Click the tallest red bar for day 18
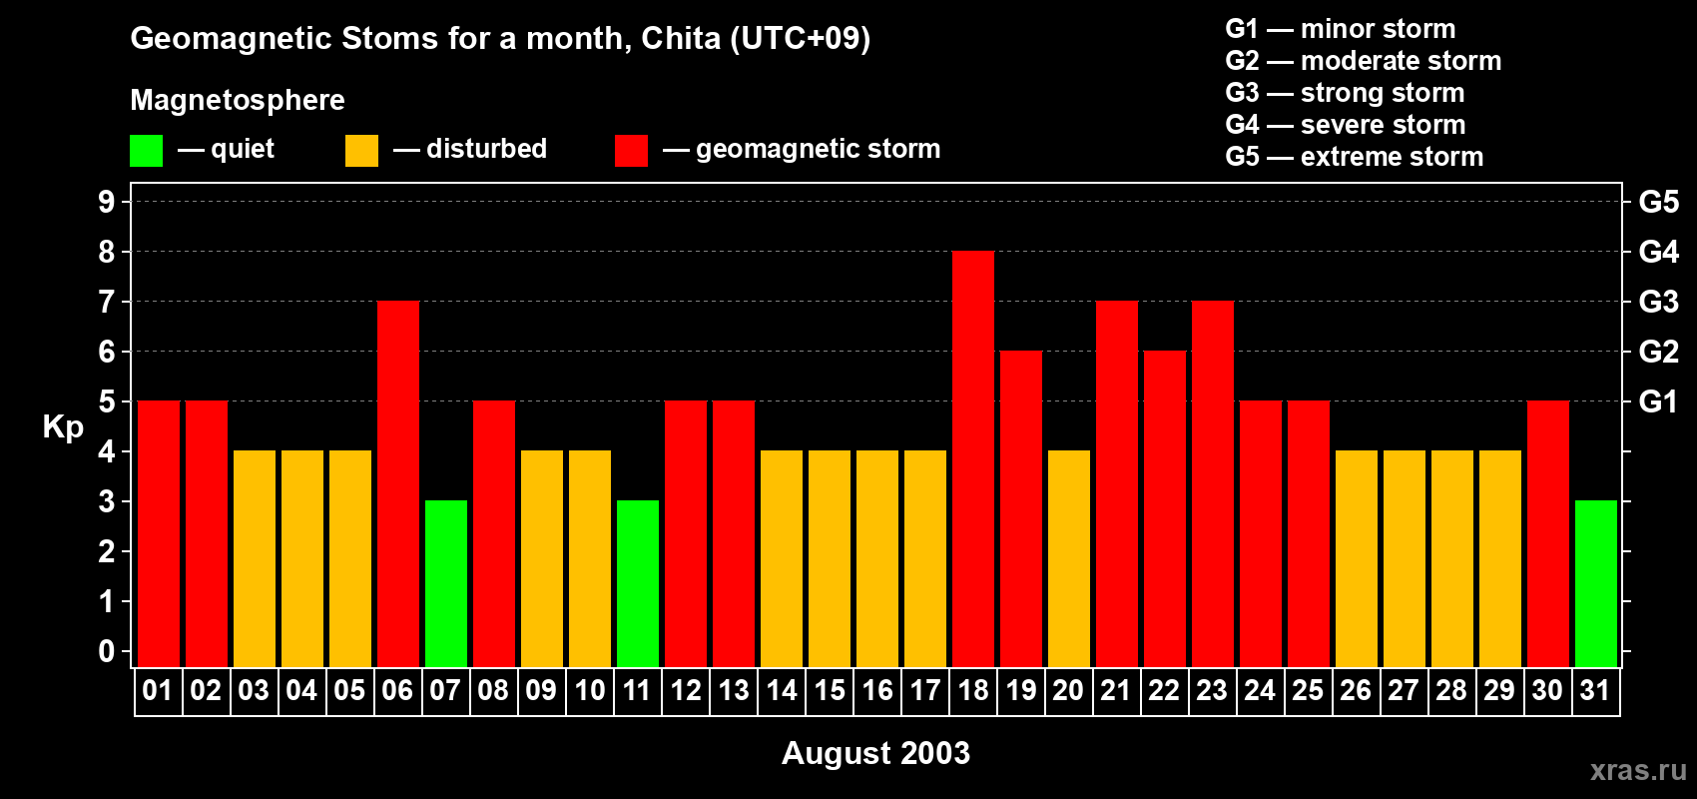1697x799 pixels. pos(973,459)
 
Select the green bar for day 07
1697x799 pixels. pos(446,584)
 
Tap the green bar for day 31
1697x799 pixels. pos(1596,584)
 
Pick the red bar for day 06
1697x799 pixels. pos(398,484)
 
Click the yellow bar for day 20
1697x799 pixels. pos(1069,559)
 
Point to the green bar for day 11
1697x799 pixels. pos(638,584)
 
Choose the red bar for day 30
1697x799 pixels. pos(1548,534)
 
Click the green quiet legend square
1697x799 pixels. pos(146,151)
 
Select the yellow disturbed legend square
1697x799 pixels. pos(361,151)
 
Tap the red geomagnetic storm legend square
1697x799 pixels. pos(631,151)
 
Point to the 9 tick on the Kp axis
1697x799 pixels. pos(107,202)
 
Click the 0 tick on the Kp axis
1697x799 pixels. pos(107,651)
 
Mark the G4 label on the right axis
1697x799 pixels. pos(1658,252)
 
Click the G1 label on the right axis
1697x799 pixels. pos(1658,401)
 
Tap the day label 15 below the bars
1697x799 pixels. pos(830,690)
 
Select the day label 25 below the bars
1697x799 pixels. pos(1308,690)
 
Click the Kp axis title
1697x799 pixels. pos(63,427)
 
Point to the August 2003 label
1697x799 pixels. pos(875,753)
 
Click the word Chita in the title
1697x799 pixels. pos(681,39)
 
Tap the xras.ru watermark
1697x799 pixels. pos(1638,770)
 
